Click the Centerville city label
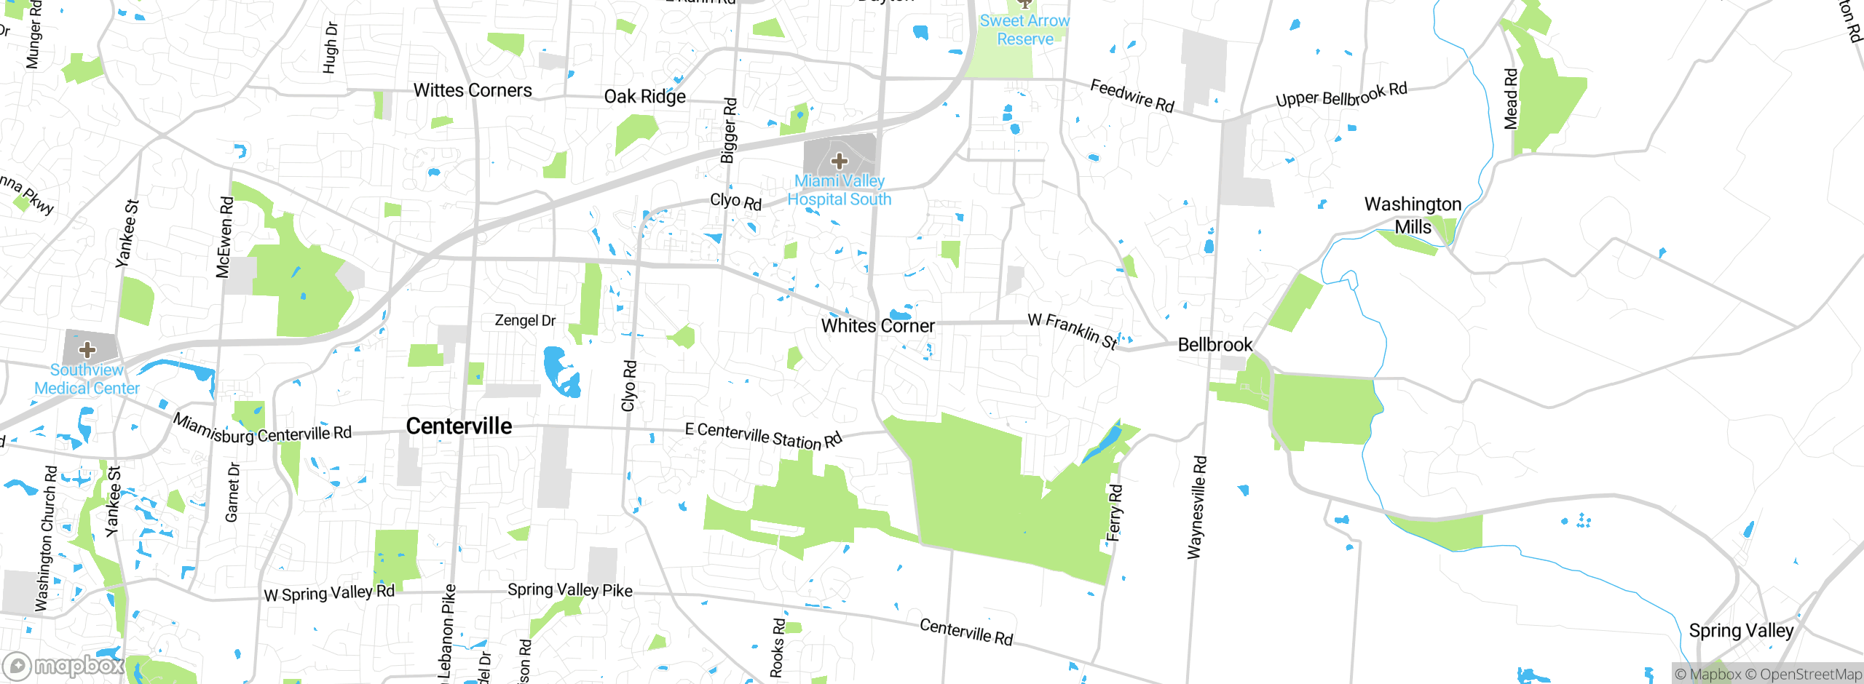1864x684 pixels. (x=459, y=426)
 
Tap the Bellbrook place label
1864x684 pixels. (x=1215, y=345)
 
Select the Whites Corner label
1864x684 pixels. (x=877, y=326)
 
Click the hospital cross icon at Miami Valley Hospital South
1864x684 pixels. (x=839, y=160)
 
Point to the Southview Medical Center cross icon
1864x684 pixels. (x=87, y=349)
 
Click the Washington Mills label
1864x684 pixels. (x=1413, y=215)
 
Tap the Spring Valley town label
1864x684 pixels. (x=1741, y=630)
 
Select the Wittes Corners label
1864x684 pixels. (x=473, y=90)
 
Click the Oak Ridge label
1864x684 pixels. (x=644, y=97)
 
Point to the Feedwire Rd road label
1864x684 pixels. (x=1132, y=96)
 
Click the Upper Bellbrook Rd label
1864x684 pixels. (x=1341, y=95)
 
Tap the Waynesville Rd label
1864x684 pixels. (x=1197, y=507)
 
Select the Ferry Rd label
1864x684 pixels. (x=1114, y=513)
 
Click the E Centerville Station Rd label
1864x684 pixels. (x=763, y=436)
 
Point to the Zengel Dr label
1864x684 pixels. (x=525, y=320)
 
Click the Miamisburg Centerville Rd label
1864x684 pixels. (x=262, y=430)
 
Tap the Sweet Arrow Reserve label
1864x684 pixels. (x=1024, y=30)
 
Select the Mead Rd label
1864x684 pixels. (x=1511, y=99)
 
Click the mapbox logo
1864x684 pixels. (x=64, y=665)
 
